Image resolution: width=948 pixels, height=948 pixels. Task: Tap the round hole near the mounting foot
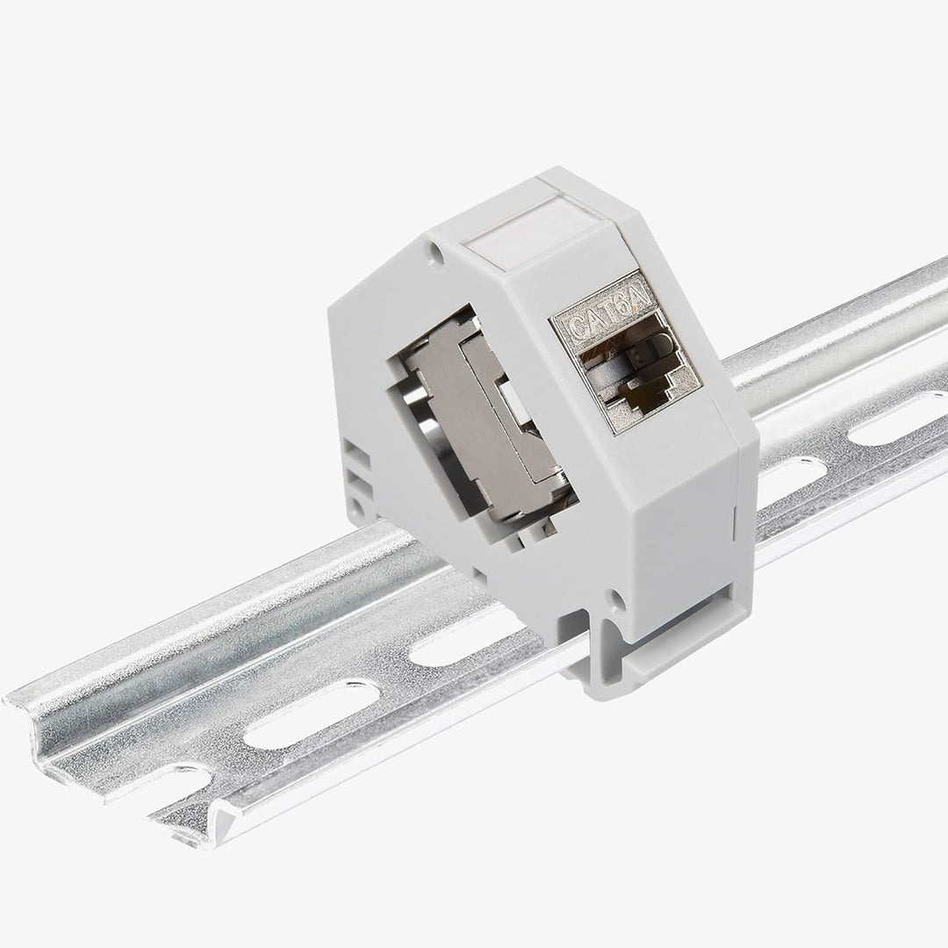[x=617, y=600]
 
